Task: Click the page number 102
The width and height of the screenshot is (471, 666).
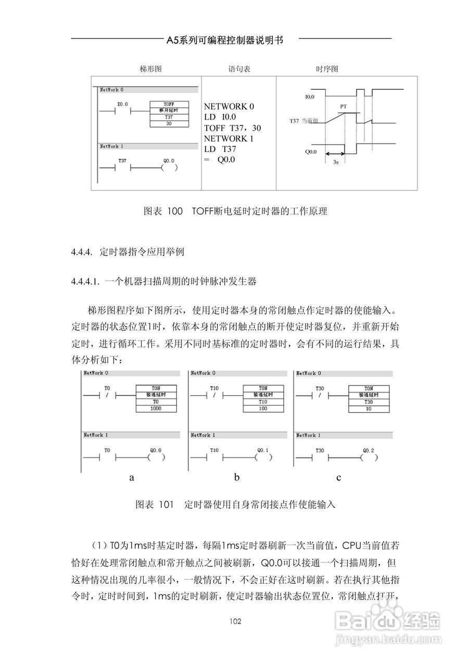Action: click(235, 621)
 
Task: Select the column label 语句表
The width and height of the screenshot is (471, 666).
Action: click(239, 69)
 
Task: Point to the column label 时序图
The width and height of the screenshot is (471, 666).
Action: click(327, 69)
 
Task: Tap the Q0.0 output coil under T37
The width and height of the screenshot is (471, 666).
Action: click(169, 168)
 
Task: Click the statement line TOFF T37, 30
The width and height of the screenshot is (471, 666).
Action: click(233, 127)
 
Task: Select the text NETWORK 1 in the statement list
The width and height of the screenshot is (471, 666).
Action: click(229, 138)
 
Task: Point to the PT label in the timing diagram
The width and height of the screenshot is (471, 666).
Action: click(343, 106)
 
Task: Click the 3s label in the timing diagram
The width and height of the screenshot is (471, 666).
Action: click(336, 162)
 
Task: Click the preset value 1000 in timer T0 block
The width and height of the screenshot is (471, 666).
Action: click(156, 408)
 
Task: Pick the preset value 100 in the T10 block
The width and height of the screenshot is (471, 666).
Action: click(263, 408)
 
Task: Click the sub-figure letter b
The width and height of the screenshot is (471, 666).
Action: click(237, 477)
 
